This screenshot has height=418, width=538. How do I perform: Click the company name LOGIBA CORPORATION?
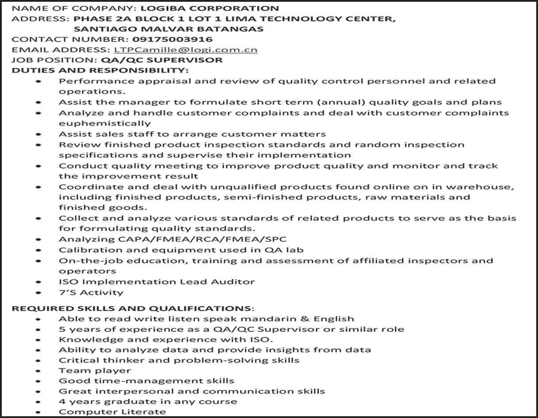210,8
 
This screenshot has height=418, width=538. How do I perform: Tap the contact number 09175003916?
172,39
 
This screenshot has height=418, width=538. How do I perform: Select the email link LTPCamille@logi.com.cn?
185,50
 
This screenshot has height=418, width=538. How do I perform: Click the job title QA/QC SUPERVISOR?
162,60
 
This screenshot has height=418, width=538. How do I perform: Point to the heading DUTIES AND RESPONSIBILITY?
100,70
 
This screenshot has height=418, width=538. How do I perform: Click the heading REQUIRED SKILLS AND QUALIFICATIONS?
133,308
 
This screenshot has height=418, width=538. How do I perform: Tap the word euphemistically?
105,123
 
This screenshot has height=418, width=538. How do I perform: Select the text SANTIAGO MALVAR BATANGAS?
168,29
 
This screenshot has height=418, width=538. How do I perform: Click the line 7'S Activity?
91,292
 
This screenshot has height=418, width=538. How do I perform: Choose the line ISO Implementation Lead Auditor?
157,282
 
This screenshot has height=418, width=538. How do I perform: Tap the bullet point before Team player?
38,371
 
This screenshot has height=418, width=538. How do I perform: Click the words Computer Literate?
112,412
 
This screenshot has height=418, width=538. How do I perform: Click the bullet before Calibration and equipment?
38,250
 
